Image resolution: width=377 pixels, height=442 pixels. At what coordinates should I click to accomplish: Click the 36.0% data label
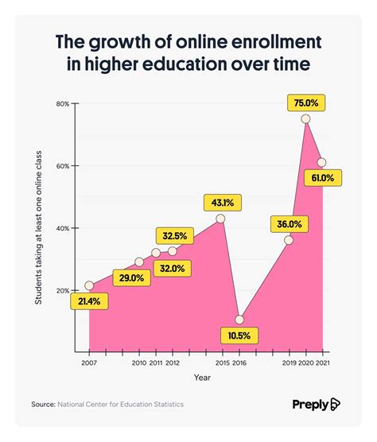click(x=289, y=223)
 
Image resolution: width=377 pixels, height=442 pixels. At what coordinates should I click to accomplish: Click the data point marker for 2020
click(x=305, y=118)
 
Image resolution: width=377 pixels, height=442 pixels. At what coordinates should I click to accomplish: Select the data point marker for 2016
click(x=239, y=320)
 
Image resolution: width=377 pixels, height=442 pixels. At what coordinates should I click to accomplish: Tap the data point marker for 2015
click(x=220, y=218)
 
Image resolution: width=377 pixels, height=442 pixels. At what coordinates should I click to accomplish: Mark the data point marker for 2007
click(x=89, y=285)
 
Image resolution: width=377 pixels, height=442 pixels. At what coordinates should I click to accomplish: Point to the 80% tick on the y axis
click(x=63, y=104)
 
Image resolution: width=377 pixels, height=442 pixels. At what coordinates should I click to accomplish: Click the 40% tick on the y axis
click(x=63, y=228)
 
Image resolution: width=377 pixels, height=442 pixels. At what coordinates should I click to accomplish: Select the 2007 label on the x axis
click(x=89, y=363)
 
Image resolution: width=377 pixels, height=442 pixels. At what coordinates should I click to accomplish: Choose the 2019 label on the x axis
click(x=288, y=363)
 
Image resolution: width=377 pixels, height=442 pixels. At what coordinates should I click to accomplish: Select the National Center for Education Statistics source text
click(x=120, y=405)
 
